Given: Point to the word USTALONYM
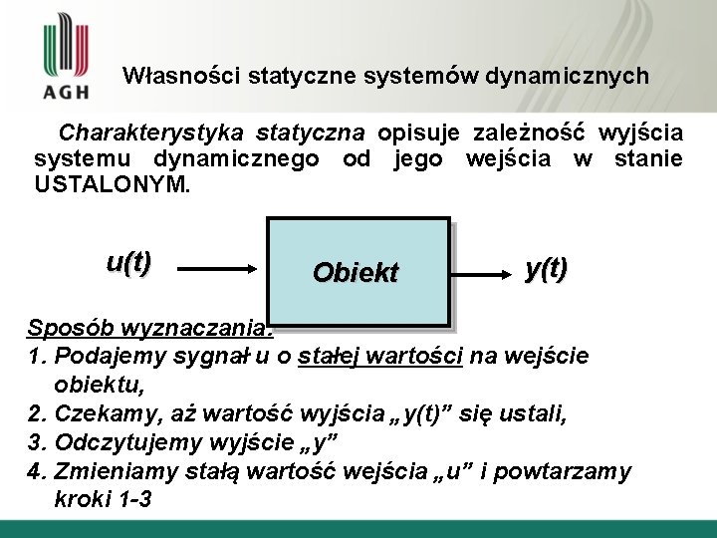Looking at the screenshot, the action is click(111, 185).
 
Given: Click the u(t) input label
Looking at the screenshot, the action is click(128, 262).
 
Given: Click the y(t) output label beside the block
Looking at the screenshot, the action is click(547, 268).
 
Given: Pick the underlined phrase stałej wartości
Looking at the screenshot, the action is click(379, 356).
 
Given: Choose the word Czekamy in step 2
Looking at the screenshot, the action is click(104, 413).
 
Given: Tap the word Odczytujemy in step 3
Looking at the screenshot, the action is click(119, 442).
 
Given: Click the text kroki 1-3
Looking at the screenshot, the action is click(104, 499).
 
